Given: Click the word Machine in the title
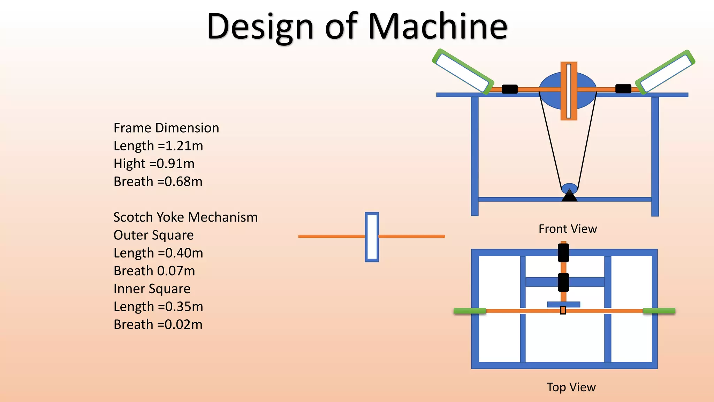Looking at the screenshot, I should tap(438, 26).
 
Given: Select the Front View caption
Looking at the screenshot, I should tap(568, 229).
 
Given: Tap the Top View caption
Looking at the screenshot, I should tap(571, 387).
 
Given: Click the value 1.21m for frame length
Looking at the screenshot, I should tap(184, 146).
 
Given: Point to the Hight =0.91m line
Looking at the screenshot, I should tap(154, 164).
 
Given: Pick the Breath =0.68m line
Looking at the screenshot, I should tap(158, 181).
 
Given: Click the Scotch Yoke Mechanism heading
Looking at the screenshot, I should tap(185, 217).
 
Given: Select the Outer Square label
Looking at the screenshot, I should tap(153, 235).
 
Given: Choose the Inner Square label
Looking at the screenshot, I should tap(152, 289).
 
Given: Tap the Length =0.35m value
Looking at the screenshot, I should tap(158, 306).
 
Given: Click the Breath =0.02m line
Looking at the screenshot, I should tap(158, 325).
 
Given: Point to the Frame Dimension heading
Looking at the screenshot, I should tap(166, 128).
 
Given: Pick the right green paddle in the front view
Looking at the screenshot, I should tap(665, 72).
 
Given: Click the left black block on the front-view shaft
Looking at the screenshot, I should tap(509, 89).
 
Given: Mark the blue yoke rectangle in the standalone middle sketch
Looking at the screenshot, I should tap(372, 237).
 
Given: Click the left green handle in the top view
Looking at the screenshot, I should tap(470, 311).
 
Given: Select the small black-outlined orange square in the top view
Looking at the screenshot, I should tap(563, 310).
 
